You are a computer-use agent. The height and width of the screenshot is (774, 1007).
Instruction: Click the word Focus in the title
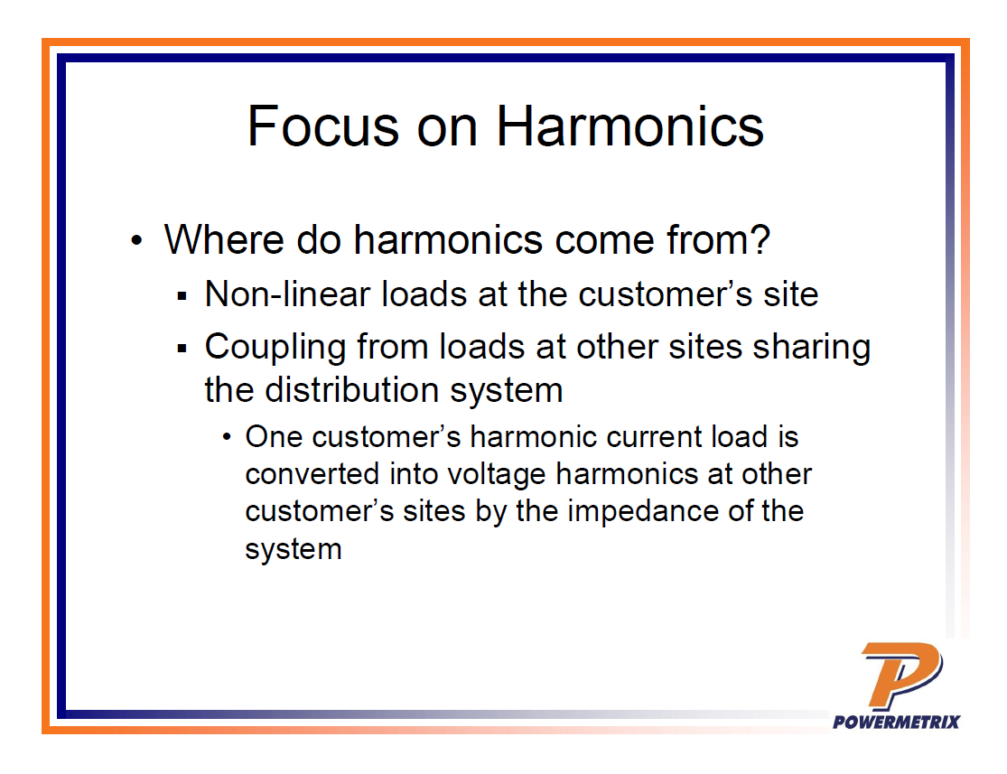coord(323,126)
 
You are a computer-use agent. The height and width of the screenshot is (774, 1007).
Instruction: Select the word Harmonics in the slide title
coord(630,126)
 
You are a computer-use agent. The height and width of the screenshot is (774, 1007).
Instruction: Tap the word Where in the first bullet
coord(224,239)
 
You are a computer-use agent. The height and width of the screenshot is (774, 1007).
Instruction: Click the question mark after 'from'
coord(760,239)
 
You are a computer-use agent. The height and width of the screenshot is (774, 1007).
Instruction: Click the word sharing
coord(812,349)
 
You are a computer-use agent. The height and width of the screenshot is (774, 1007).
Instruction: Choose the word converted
coord(312,474)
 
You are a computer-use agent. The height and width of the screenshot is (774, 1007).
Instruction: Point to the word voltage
coord(497,476)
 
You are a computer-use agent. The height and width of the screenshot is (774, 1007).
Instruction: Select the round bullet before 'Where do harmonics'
coord(136,241)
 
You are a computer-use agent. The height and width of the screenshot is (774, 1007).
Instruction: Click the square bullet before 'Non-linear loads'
coord(182,296)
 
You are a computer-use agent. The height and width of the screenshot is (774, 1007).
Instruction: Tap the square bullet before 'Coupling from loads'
coord(182,349)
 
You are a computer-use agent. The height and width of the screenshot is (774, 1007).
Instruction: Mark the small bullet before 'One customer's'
coord(226,437)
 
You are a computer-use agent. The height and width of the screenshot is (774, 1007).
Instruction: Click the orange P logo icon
coord(901,675)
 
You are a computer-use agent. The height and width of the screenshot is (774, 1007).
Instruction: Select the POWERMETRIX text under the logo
coord(897,722)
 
